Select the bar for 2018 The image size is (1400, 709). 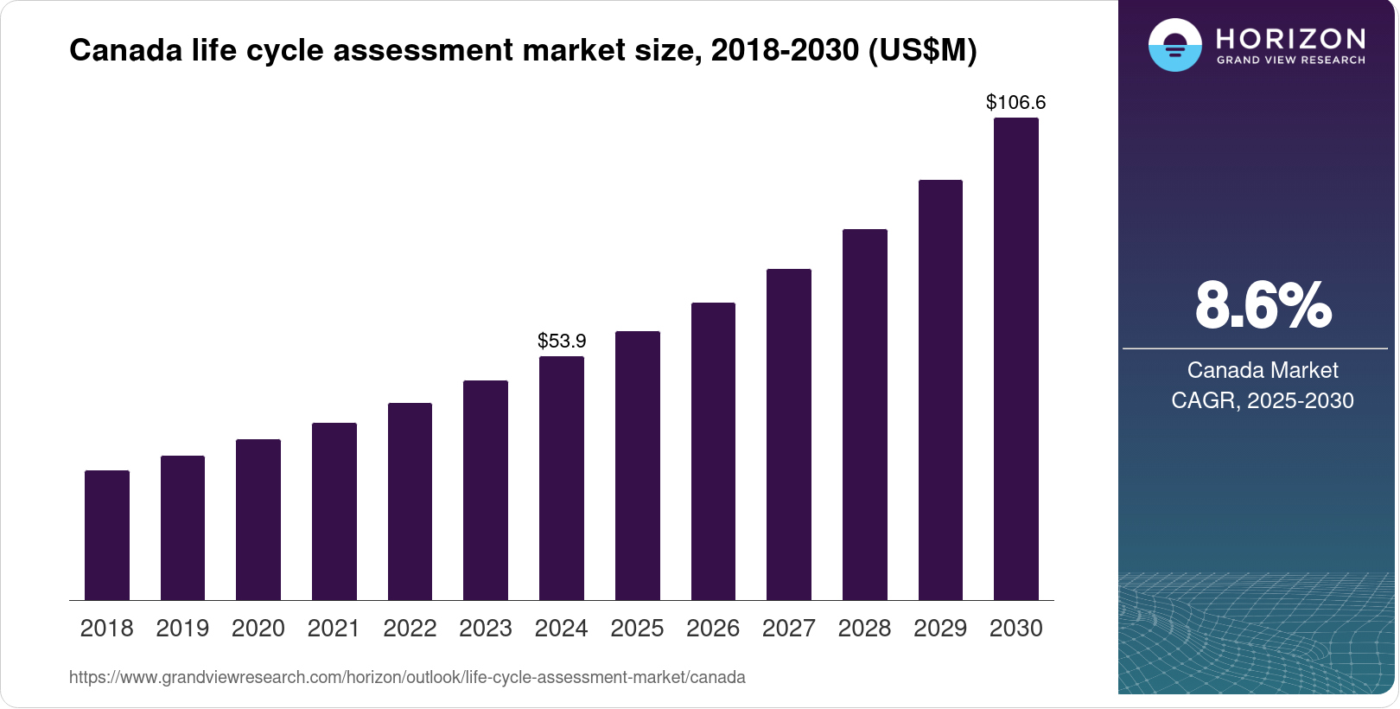(107, 535)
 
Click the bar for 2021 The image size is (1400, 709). (334, 511)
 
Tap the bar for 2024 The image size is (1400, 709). (562, 478)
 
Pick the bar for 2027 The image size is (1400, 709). (789, 434)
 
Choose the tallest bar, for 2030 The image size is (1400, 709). (1016, 359)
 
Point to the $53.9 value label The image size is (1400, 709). (562, 341)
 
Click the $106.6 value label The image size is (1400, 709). (1015, 102)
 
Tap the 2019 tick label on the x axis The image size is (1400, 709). (182, 629)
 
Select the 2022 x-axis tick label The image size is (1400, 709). (410, 629)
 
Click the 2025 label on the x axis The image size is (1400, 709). (637, 629)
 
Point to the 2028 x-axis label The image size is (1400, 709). (864, 629)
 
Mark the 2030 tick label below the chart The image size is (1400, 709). (1016, 629)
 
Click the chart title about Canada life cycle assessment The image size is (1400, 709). (523, 50)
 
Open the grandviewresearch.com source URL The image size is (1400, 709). (407, 677)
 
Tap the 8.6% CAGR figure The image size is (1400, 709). (1263, 305)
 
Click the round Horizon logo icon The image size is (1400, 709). (1175, 45)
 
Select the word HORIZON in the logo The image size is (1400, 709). (1290, 38)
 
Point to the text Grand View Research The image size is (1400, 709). (1290, 61)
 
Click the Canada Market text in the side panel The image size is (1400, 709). (1263, 370)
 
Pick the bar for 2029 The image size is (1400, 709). (940, 390)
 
